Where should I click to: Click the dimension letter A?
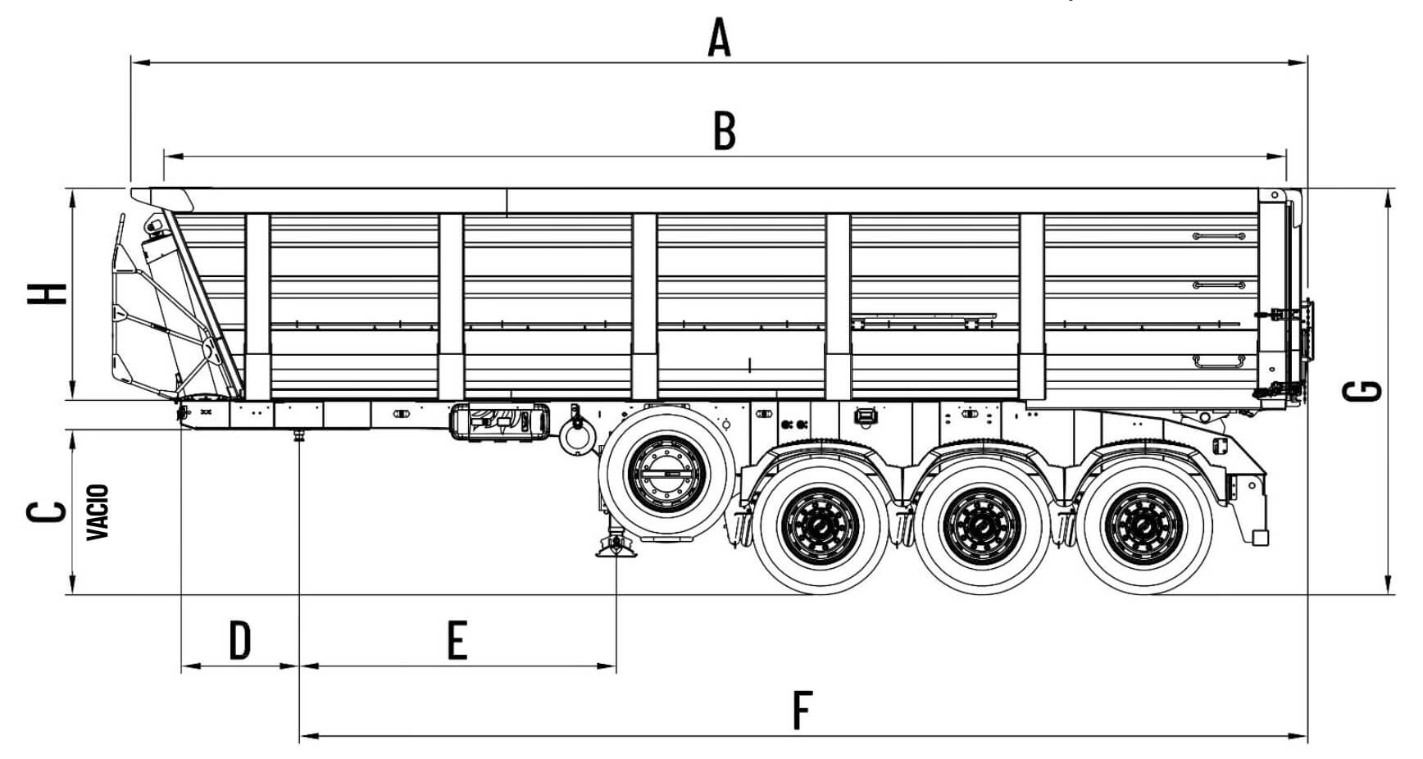(x=719, y=39)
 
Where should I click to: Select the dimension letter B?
(x=724, y=131)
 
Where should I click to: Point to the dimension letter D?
(x=239, y=640)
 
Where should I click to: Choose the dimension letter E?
(x=457, y=640)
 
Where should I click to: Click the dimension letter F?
(x=801, y=710)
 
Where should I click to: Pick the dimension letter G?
(x=1363, y=392)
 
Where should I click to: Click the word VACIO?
(x=98, y=512)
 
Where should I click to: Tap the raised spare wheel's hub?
(x=665, y=473)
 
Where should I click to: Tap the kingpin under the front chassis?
(x=299, y=435)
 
